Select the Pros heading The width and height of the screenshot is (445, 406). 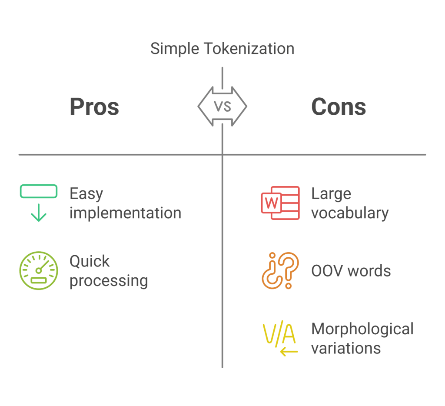pyautogui.click(x=94, y=107)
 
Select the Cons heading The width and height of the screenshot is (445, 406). pyautogui.click(x=339, y=107)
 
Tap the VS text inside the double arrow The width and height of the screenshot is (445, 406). pyautogui.click(x=222, y=106)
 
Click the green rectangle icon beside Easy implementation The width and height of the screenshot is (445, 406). pyautogui.click(x=39, y=191)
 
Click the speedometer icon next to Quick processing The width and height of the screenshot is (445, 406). pyautogui.click(x=39, y=271)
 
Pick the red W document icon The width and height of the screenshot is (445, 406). pyautogui.click(x=280, y=203)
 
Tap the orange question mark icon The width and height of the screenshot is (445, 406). pyautogui.click(x=280, y=270)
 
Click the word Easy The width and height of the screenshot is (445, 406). pyautogui.click(x=86, y=194)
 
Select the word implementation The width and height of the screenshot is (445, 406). pyautogui.click(x=125, y=213)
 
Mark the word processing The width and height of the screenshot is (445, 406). pyautogui.click(x=109, y=281)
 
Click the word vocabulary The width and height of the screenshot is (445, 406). pyautogui.click(x=350, y=213)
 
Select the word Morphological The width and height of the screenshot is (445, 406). pyautogui.click(x=362, y=329)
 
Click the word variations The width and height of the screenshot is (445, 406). pyautogui.click(x=346, y=348)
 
